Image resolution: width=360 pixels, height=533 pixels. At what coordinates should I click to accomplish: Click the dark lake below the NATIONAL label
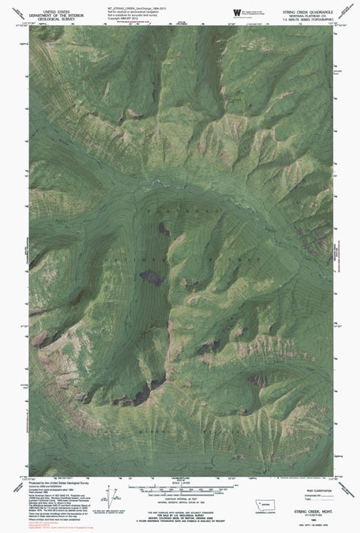point(150,279)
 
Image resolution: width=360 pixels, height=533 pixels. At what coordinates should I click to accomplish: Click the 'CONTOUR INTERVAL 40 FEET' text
point(180,496)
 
